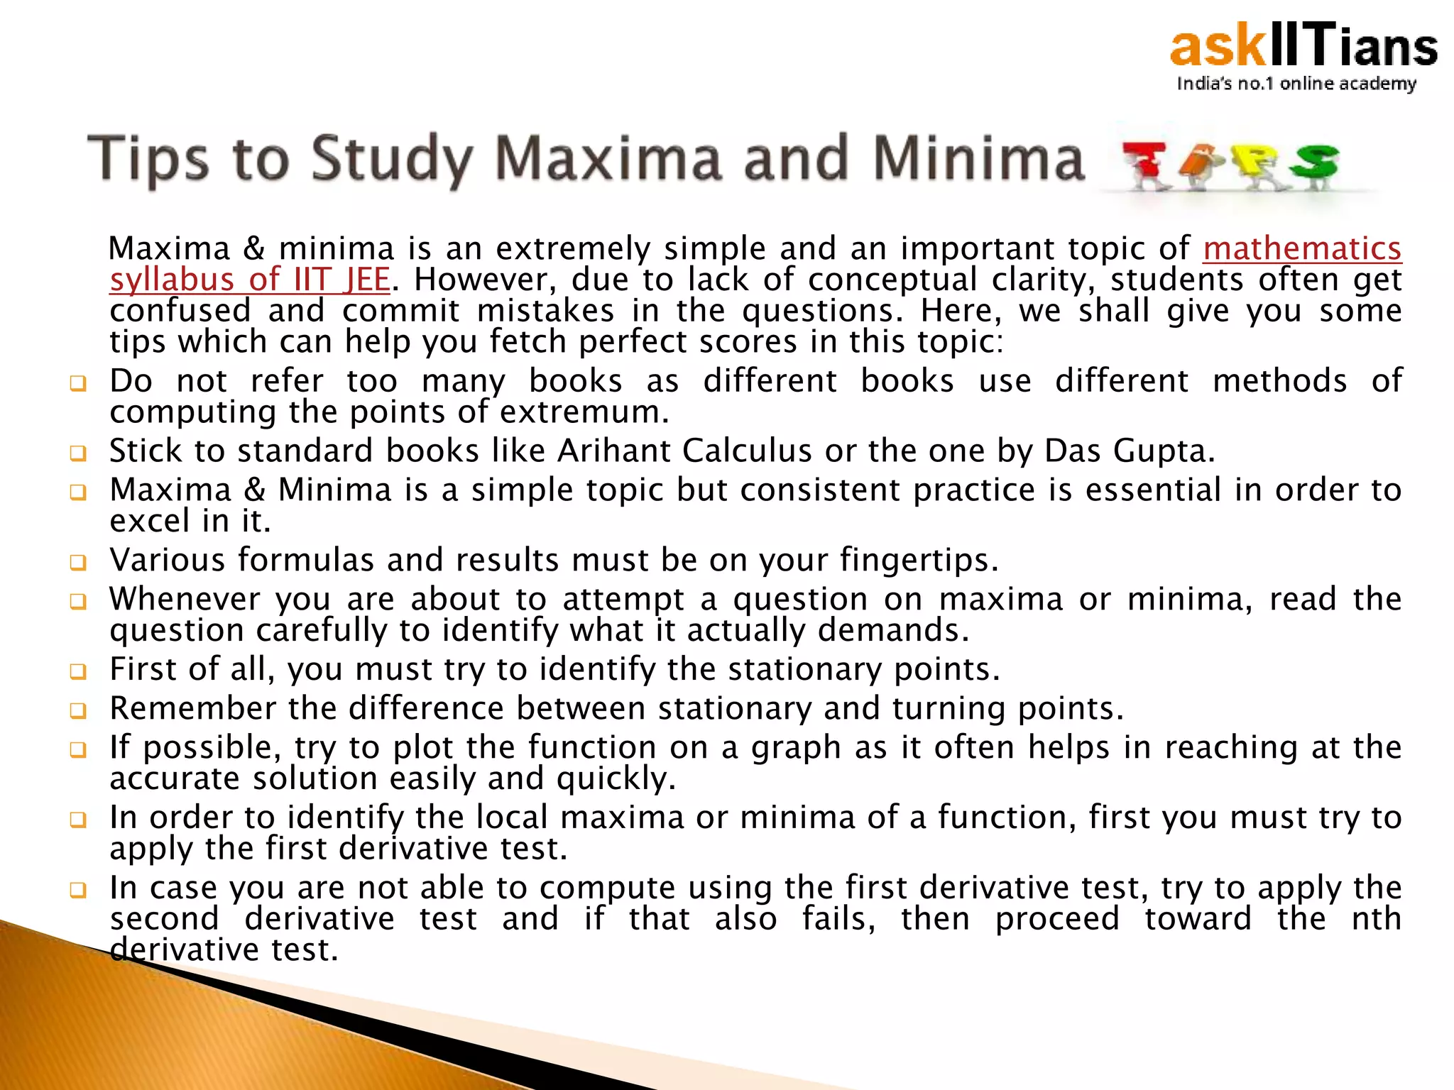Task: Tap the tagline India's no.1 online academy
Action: coord(1296,84)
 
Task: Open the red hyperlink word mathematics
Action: coord(1302,249)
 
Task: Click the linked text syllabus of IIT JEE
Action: coord(250,280)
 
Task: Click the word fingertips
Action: coord(919,561)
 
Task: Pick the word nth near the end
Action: coord(1376,919)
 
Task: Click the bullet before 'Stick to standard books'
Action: coord(78,453)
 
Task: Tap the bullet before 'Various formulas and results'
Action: coord(78,563)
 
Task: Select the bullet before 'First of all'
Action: coord(78,671)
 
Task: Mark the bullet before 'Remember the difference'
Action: coord(78,710)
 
